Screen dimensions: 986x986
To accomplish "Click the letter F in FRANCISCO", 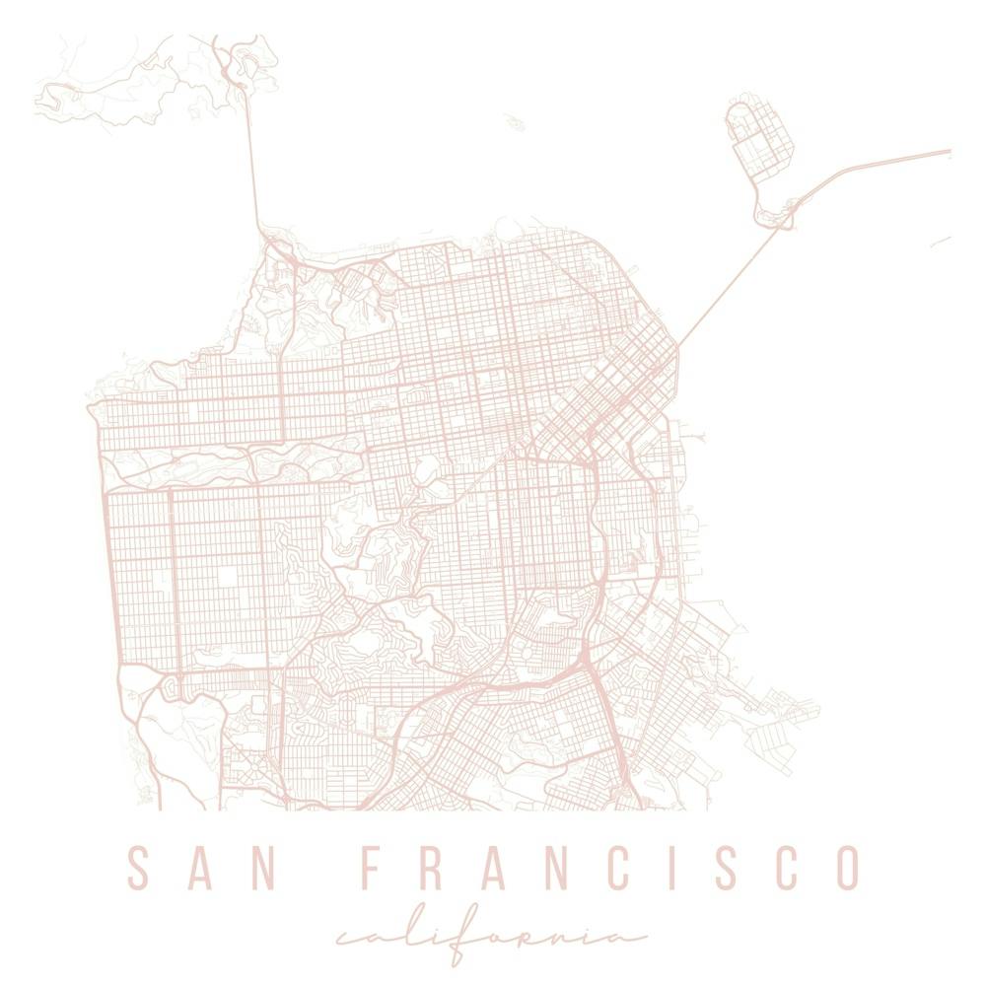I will click(x=373, y=868).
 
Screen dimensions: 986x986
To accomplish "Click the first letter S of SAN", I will click(x=140, y=868).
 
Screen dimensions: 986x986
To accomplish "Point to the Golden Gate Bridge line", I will click(x=251, y=158).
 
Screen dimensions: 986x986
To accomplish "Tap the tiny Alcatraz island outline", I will click(x=515, y=122).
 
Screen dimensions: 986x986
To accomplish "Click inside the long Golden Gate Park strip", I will click(x=227, y=461).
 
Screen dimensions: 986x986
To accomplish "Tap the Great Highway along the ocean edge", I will click(x=104, y=552).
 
